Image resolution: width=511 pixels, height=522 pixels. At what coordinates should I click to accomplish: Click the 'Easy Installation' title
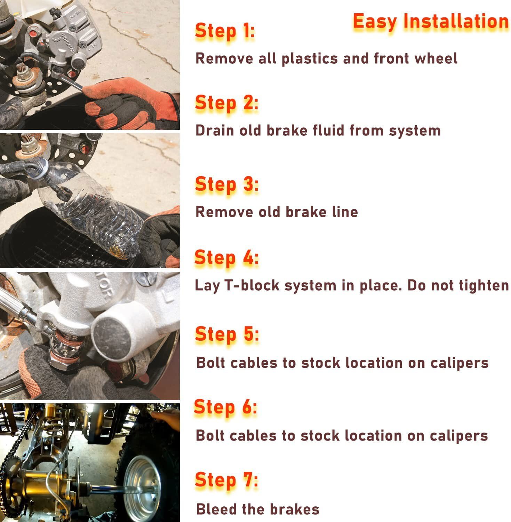pyautogui.click(x=431, y=22)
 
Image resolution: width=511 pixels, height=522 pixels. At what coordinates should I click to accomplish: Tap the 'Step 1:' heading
pyautogui.click(x=225, y=31)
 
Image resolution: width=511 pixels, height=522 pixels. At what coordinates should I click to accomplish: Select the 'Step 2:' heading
pyautogui.click(x=226, y=103)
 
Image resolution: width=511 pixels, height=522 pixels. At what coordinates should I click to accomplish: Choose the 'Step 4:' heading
pyautogui.click(x=226, y=258)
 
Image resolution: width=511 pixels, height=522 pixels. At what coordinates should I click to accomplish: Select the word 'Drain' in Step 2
pyautogui.click(x=215, y=130)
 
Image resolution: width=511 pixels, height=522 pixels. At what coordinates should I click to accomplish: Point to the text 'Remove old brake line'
pyautogui.click(x=277, y=212)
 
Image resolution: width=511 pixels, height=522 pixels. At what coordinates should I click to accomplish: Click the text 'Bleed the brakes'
pyautogui.click(x=258, y=509)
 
